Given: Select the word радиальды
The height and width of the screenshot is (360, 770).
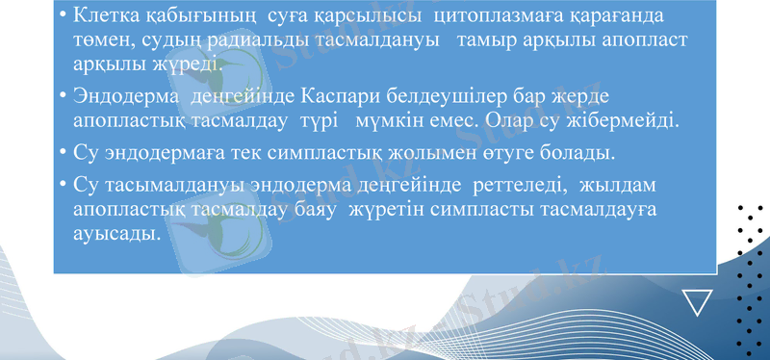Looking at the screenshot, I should [237, 40].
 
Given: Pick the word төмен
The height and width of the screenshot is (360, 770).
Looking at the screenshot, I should [100, 40].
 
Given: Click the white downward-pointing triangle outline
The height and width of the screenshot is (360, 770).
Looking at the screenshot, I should [696, 303].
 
